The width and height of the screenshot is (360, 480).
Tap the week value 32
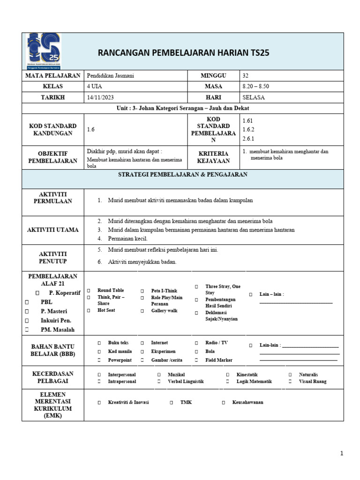246,75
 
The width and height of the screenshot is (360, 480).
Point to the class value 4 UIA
94,87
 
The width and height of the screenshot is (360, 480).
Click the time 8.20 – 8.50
255,87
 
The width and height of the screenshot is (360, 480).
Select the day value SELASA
254,97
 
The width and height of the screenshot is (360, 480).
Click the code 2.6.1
248,138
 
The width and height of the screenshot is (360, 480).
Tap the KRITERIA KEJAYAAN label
213,157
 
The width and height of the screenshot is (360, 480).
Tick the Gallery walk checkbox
142,311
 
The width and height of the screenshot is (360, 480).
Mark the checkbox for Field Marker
196,360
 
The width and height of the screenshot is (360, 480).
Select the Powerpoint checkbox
99,360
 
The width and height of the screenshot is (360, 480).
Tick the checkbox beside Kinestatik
227,375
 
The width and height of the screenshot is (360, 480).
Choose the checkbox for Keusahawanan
224,403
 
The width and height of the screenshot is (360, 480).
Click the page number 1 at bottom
342,453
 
